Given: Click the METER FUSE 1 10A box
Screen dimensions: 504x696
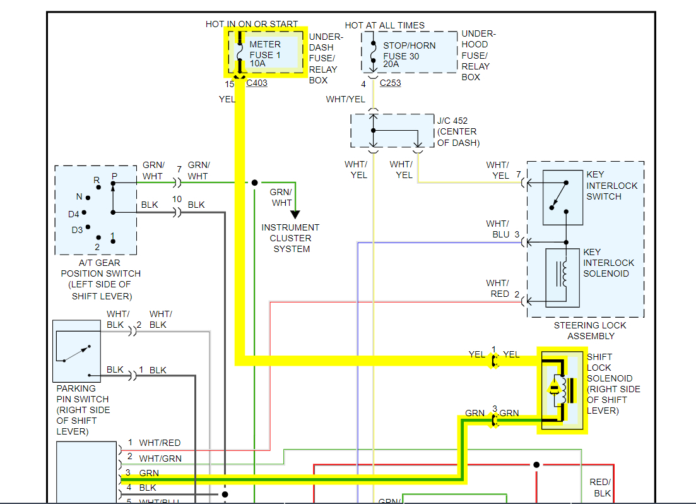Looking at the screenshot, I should click(x=266, y=54).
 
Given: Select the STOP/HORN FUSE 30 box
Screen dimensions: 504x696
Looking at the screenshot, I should click(x=409, y=52).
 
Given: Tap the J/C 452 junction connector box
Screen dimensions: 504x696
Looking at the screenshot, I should click(x=391, y=131).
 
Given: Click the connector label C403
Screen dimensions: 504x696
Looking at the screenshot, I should click(x=257, y=83).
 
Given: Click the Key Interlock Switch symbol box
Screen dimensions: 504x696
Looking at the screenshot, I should click(x=562, y=196).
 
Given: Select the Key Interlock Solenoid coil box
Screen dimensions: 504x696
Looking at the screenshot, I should click(x=562, y=277).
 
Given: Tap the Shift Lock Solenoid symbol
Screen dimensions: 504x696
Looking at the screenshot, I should click(x=562, y=390).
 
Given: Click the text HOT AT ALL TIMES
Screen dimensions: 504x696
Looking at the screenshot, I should click(x=384, y=25).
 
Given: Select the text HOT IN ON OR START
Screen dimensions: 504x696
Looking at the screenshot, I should click(x=252, y=24).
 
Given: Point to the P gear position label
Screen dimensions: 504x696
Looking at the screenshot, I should click(x=114, y=176).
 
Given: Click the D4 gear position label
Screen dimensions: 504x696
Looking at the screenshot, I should click(x=74, y=214).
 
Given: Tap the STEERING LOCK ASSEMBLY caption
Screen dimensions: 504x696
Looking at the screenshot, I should click(x=590, y=330).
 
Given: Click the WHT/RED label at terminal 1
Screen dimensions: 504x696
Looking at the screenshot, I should click(x=160, y=443).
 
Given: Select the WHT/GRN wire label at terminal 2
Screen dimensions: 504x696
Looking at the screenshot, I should click(x=160, y=459).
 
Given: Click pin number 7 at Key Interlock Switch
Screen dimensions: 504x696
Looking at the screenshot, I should click(x=518, y=174).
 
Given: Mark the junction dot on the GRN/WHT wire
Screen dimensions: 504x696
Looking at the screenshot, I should click(x=254, y=183).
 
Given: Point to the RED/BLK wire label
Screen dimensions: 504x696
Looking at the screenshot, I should click(x=600, y=487).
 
